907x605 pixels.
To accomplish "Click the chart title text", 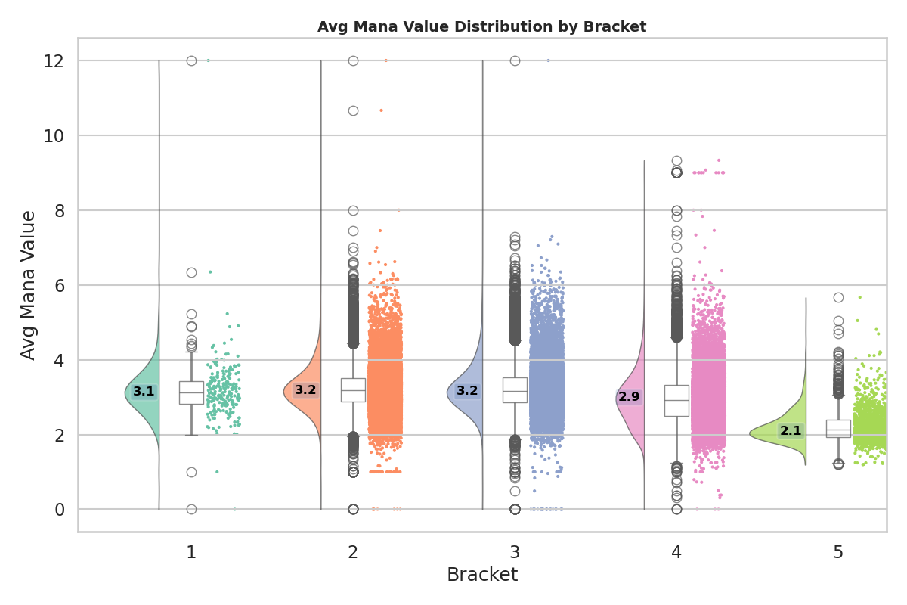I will point(481,27).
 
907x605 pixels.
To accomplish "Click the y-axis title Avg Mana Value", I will point(29,285).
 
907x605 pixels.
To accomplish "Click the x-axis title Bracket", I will point(481,575).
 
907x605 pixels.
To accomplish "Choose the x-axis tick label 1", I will point(191,553).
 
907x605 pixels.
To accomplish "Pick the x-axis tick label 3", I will point(515,553).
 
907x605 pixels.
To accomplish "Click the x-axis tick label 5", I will point(838,553).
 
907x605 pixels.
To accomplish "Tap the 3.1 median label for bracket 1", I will point(144,392).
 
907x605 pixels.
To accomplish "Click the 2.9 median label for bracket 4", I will point(629,397).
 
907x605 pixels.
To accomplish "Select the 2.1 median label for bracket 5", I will point(791,431).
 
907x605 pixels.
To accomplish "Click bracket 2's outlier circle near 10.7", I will point(353,110).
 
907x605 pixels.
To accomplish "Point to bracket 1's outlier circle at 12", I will point(191,60).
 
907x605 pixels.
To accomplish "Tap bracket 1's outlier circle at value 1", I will point(191,472).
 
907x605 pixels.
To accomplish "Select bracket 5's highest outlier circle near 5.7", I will point(838,297).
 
